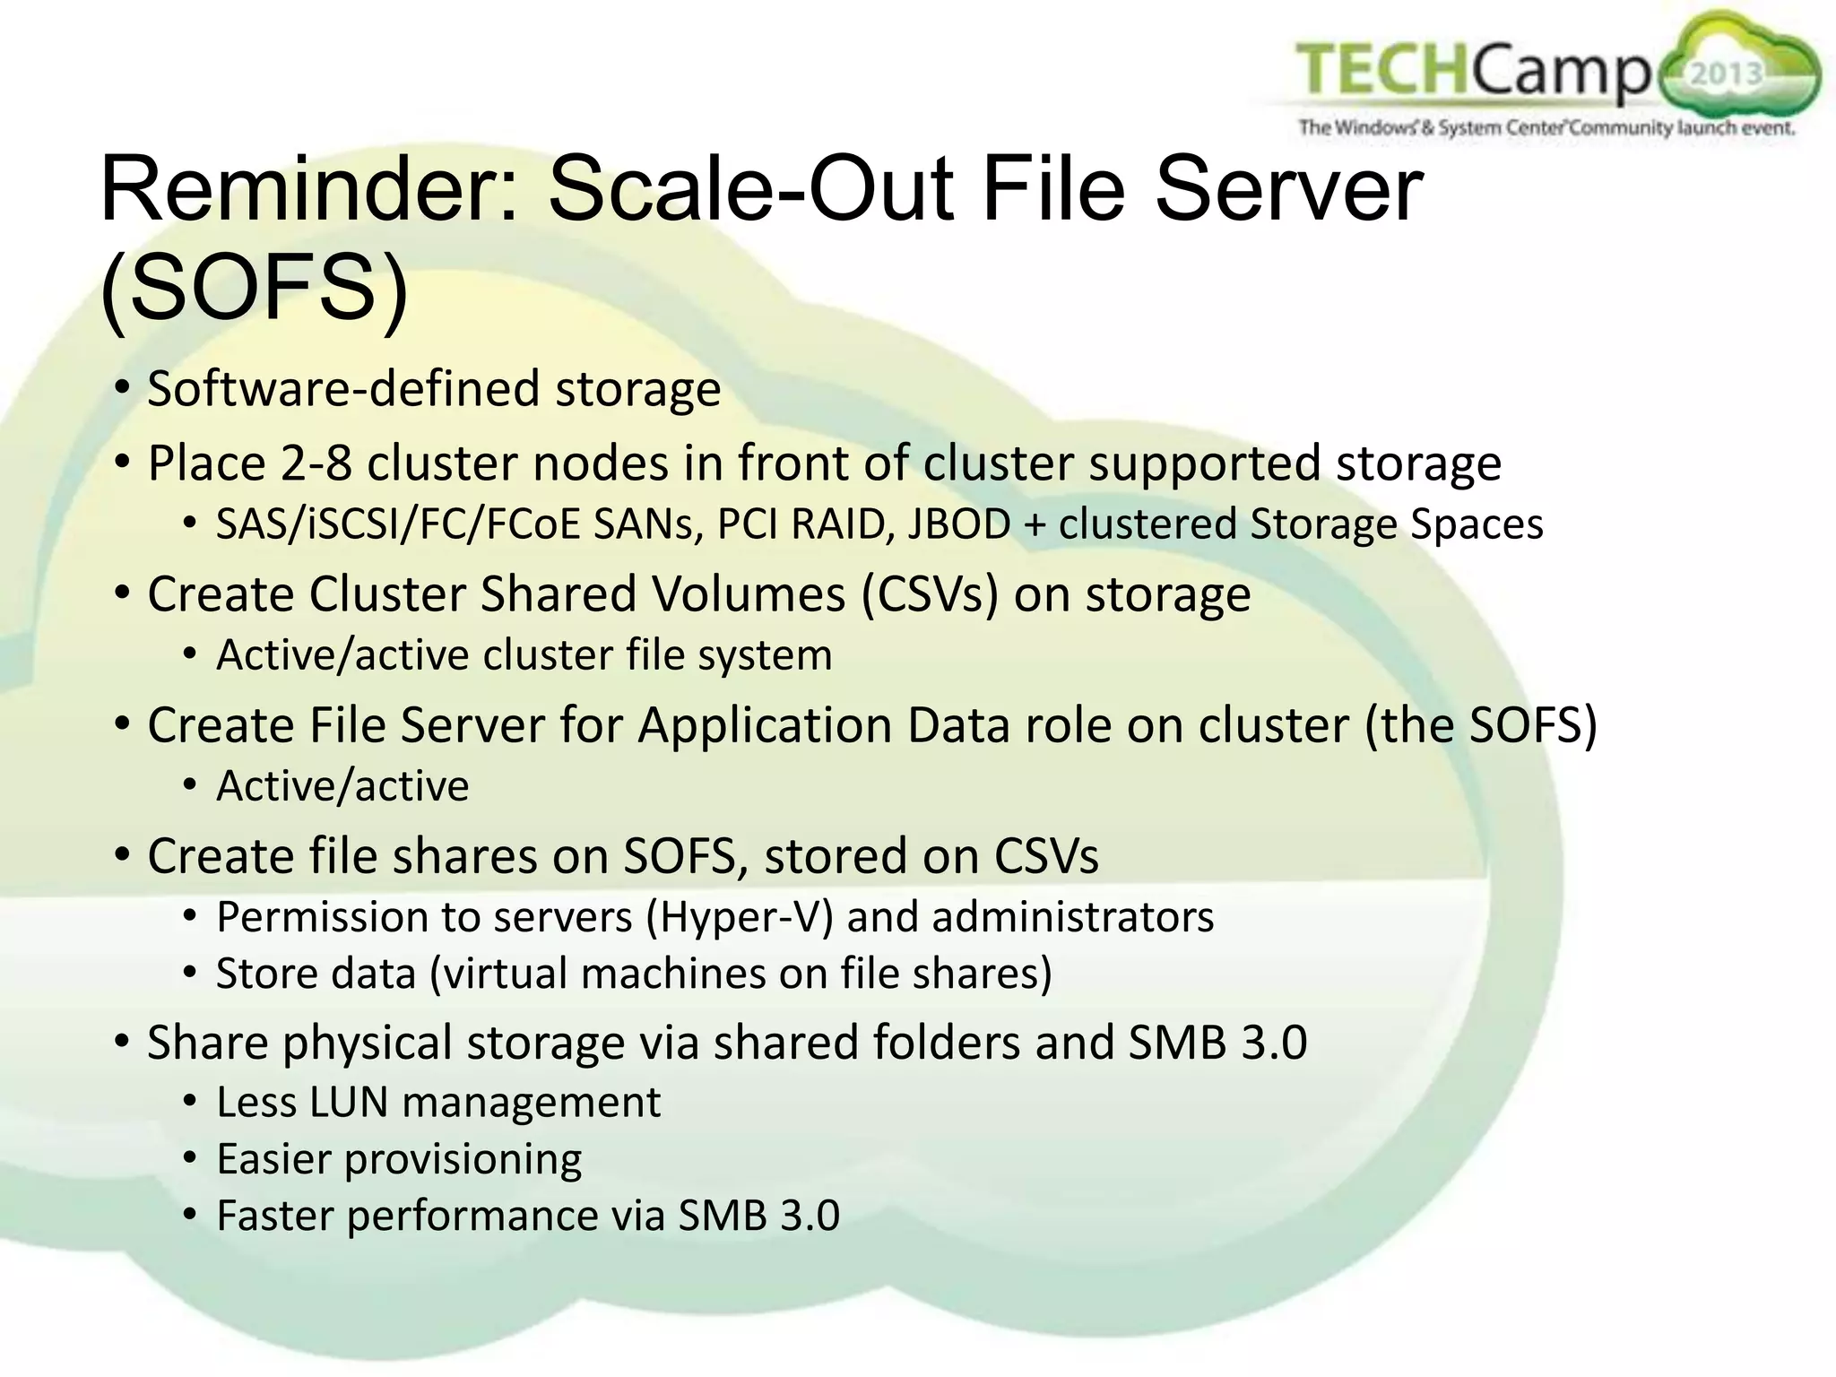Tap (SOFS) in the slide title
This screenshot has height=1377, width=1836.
coord(255,290)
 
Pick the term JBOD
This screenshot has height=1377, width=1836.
coord(959,524)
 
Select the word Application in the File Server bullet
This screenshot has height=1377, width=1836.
coord(765,725)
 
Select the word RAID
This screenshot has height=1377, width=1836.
coord(844,524)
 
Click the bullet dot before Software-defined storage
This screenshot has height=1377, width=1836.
coord(123,390)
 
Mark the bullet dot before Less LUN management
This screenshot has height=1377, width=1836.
coord(189,1102)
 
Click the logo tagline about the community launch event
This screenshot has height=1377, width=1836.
coord(1546,128)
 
